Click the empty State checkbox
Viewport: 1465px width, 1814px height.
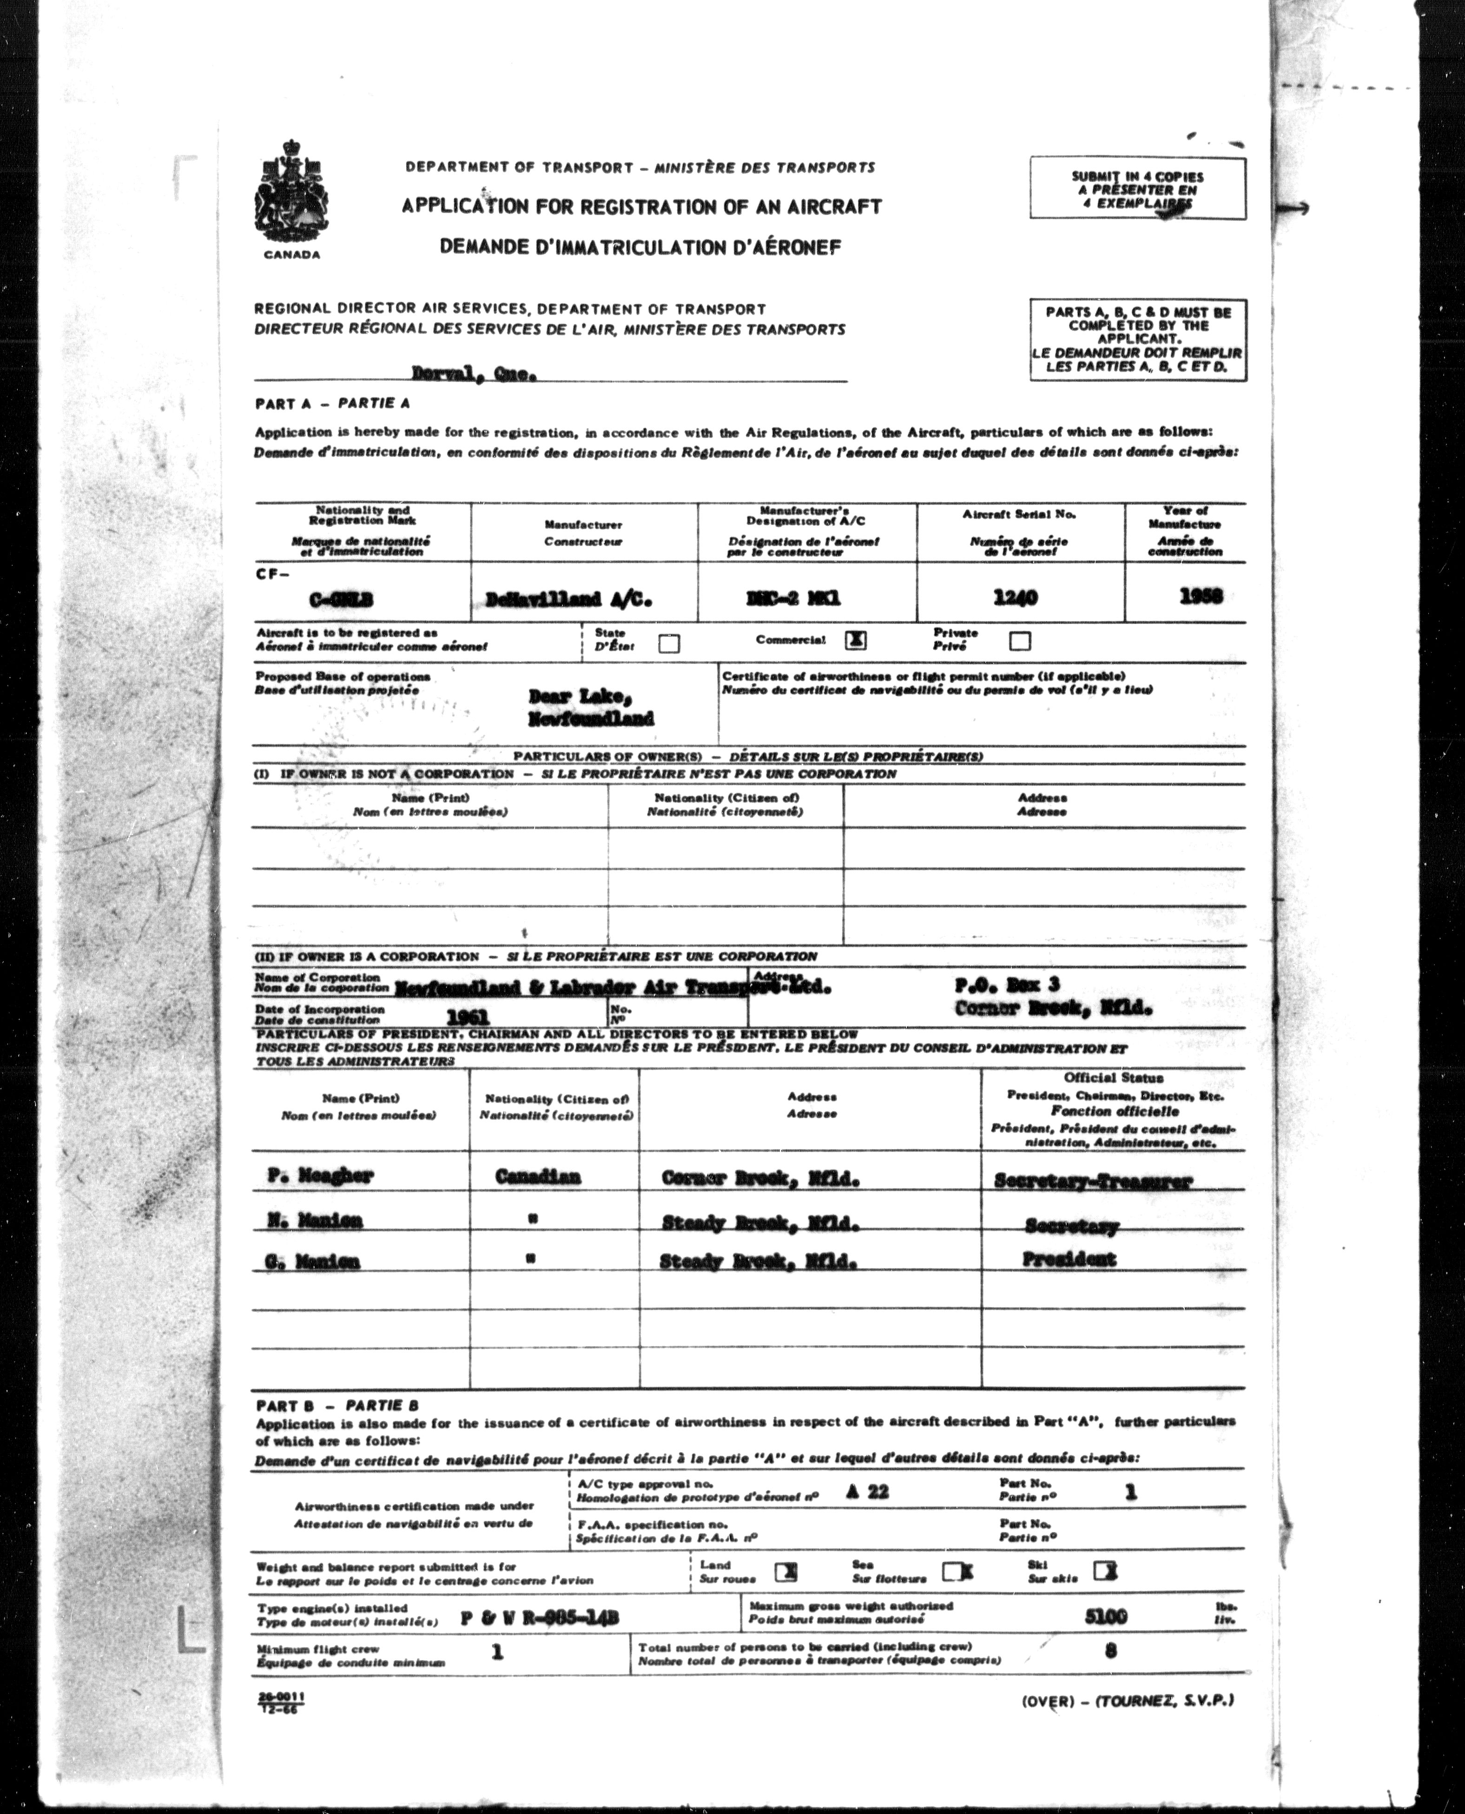pyautogui.click(x=669, y=644)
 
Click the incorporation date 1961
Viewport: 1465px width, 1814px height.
pyautogui.click(x=468, y=1017)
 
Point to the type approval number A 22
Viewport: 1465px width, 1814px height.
pyautogui.click(x=867, y=1491)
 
